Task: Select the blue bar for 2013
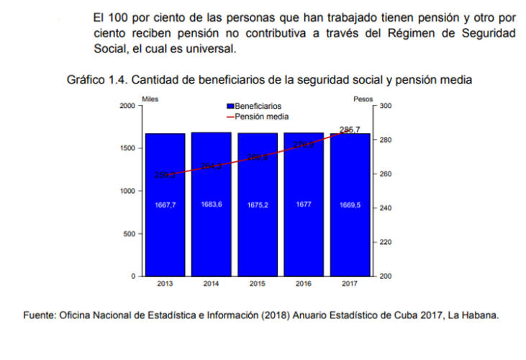[x=165, y=230]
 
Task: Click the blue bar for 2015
[x=257, y=230]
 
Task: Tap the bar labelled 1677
[x=303, y=230]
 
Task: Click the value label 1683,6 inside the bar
[x=211, y=204]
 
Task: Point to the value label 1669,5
[x=349, y=205]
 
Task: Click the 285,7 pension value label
[x=350, y=130]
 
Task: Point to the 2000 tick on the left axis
[x=127, y=106]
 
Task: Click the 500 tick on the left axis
[x=130, y=234]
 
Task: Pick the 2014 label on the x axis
[x=211, y=284]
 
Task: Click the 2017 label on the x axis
[x=349, y=284]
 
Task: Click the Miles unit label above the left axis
[x=150, y=98]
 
